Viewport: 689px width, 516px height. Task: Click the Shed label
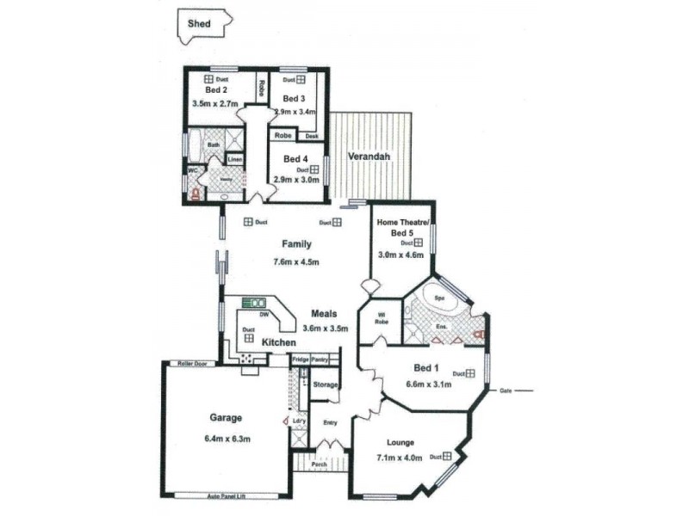[x=200, y=24]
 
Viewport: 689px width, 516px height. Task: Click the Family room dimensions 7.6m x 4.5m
[x=296, y=262]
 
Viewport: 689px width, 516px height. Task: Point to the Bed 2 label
[x=216, y=89]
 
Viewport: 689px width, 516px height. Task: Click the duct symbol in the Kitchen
[x=248, y=338]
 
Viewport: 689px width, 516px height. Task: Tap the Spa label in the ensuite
[x=438, y=298]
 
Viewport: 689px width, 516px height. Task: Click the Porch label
[x=319, y=464]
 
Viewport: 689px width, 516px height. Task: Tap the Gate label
[x=506, y=391]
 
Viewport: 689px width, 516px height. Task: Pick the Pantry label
[x=320, y=359]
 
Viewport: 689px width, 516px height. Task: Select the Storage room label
[x=325, y=384]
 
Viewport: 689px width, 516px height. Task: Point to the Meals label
[x=324, y=314]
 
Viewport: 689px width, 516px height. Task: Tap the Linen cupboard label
[x=234, y=160]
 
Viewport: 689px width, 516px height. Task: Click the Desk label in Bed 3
[x=312, y=135]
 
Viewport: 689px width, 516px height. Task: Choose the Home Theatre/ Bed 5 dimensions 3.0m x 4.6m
[x=401, y=255]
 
